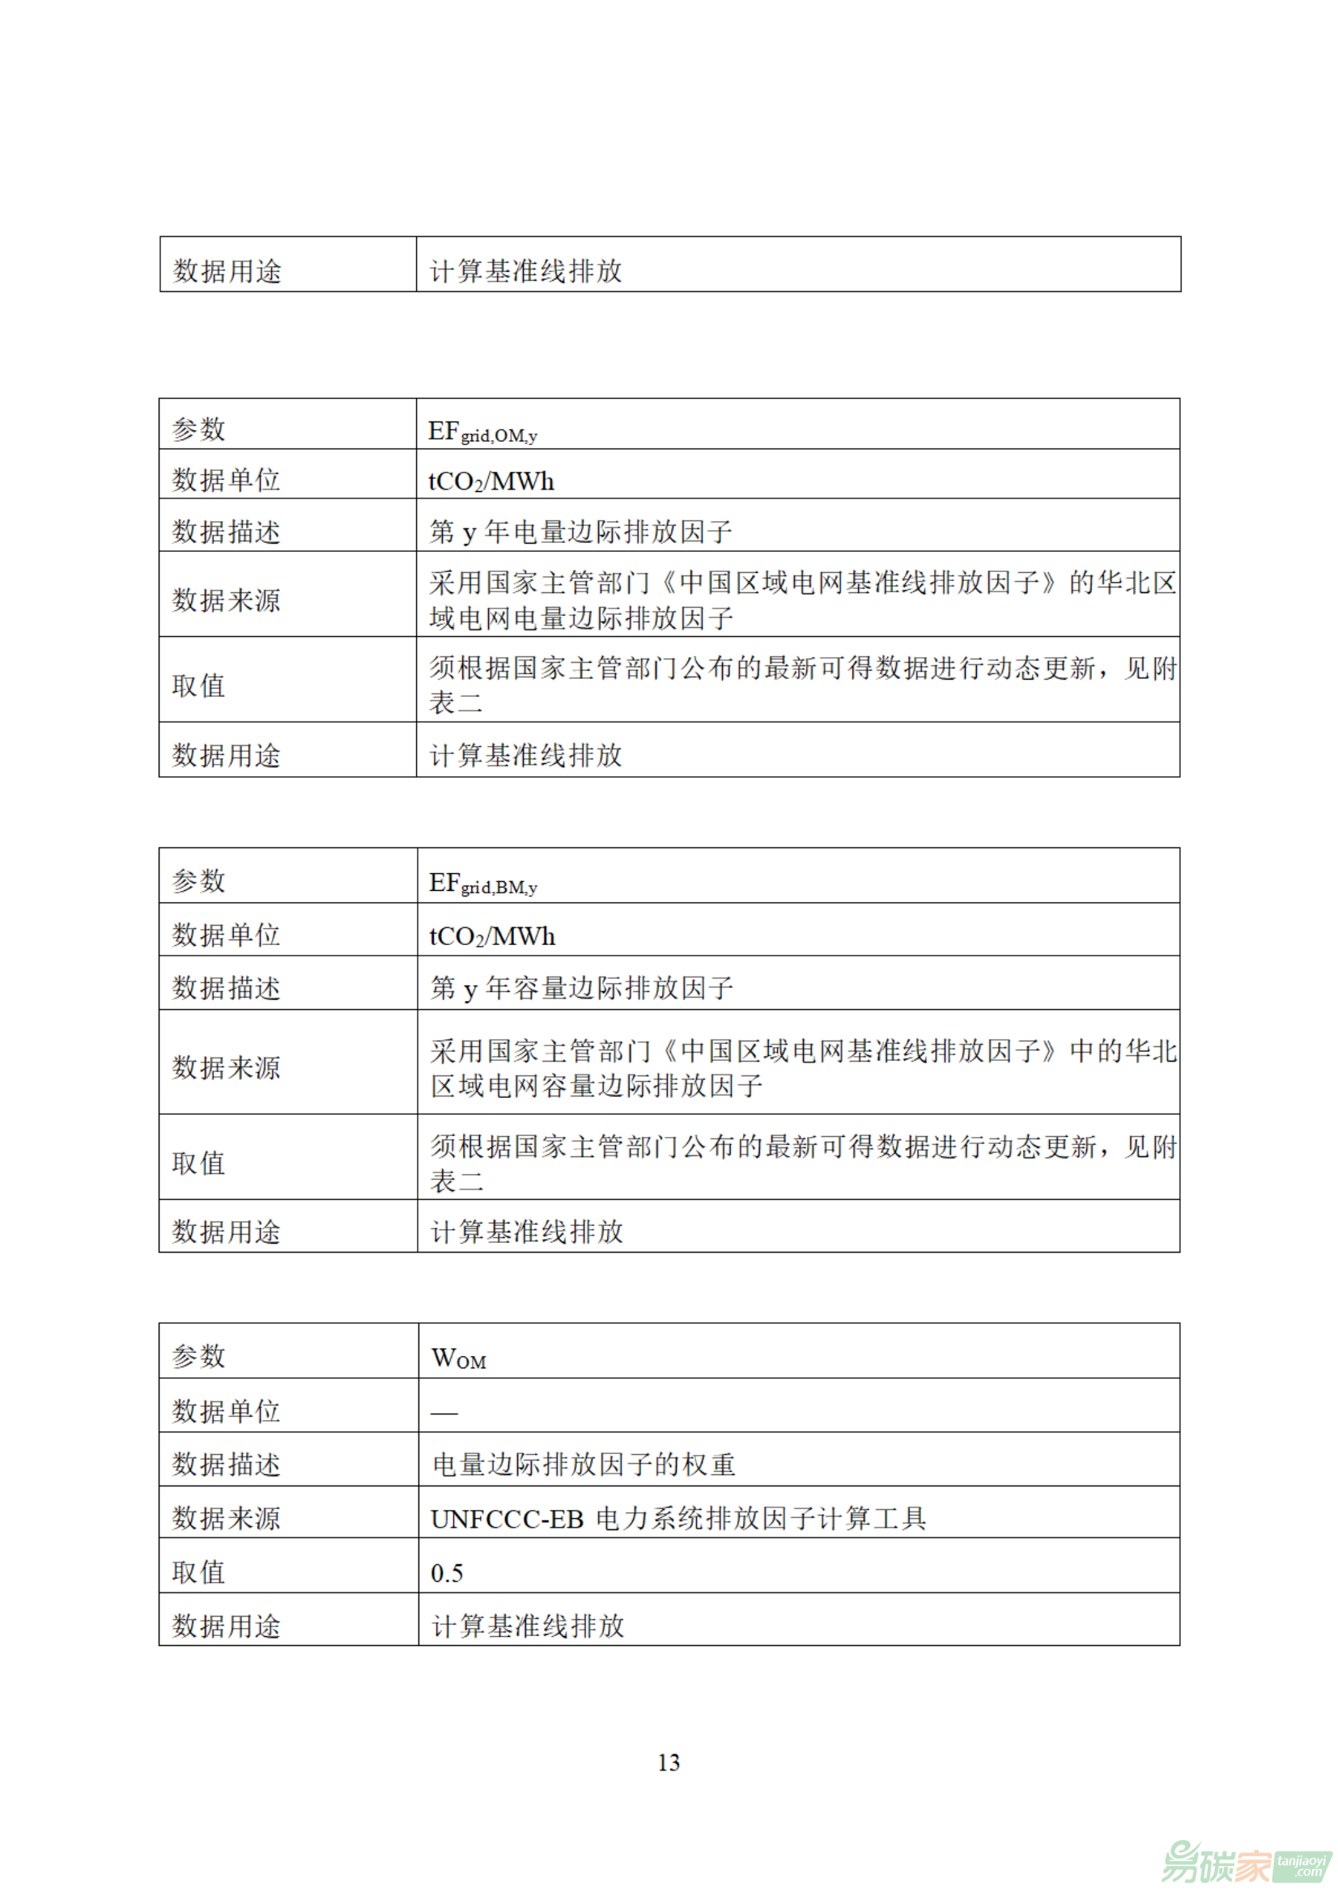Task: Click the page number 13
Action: pos(668,1762)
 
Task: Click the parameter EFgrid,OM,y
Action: pos(482,431)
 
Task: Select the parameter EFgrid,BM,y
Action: pos(482,884)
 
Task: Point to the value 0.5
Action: pos(447,1573)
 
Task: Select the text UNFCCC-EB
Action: pos(507,1519)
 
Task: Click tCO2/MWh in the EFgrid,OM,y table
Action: pos(491,481)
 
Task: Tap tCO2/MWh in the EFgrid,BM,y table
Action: pos(492,936)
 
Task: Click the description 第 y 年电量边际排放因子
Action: pos(581,532)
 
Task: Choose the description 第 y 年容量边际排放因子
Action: pos(582,987)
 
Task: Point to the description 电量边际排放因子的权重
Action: pos(584,1465)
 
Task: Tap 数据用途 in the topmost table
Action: pos(227,271)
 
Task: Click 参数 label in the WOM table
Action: pos(198,1355)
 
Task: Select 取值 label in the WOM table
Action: pos(198,1572)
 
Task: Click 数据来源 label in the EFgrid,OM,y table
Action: pos(227,600)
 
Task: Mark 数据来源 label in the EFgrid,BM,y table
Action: pos(227,1068)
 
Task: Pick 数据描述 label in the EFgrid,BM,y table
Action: pos(227,988)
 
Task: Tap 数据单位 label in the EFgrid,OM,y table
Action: pos(227,480)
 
